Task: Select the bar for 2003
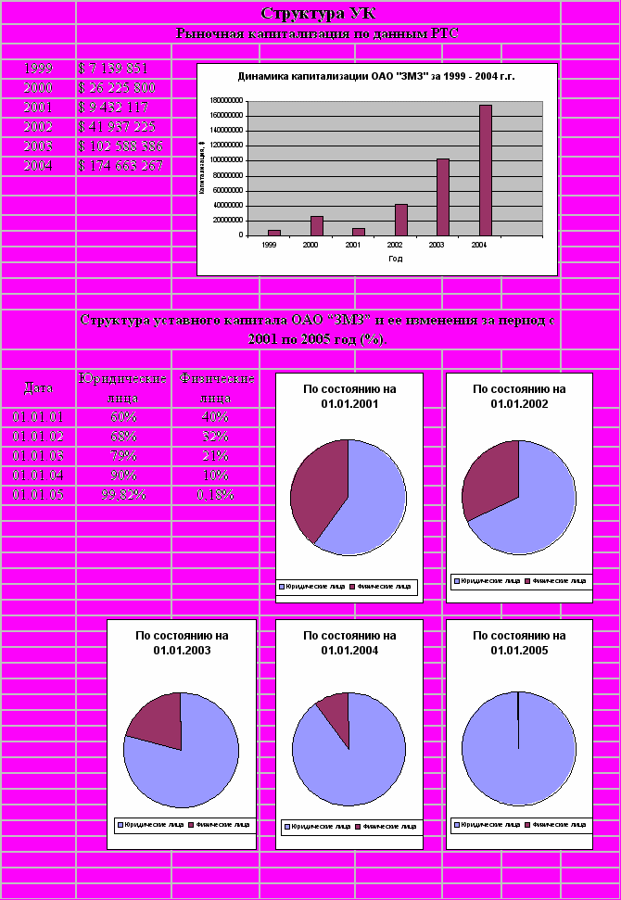443,196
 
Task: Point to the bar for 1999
274,232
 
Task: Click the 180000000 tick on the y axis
227,100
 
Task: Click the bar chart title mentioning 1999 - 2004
376,77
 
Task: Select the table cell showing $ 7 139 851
114,69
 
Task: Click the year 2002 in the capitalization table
38,127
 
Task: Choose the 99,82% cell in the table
123,495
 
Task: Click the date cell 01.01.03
38,456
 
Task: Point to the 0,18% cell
215,495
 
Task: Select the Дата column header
38,387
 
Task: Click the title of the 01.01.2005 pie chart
519,643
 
